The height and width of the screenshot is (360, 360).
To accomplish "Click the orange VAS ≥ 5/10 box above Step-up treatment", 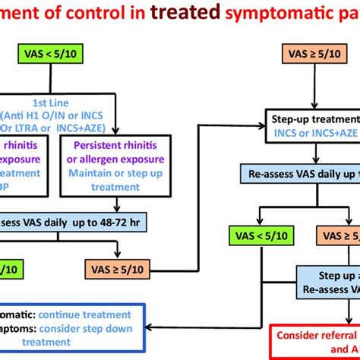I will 314,55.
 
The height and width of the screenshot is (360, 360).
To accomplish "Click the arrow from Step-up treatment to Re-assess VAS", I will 314,153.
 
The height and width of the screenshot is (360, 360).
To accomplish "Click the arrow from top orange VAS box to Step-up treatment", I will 314,87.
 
